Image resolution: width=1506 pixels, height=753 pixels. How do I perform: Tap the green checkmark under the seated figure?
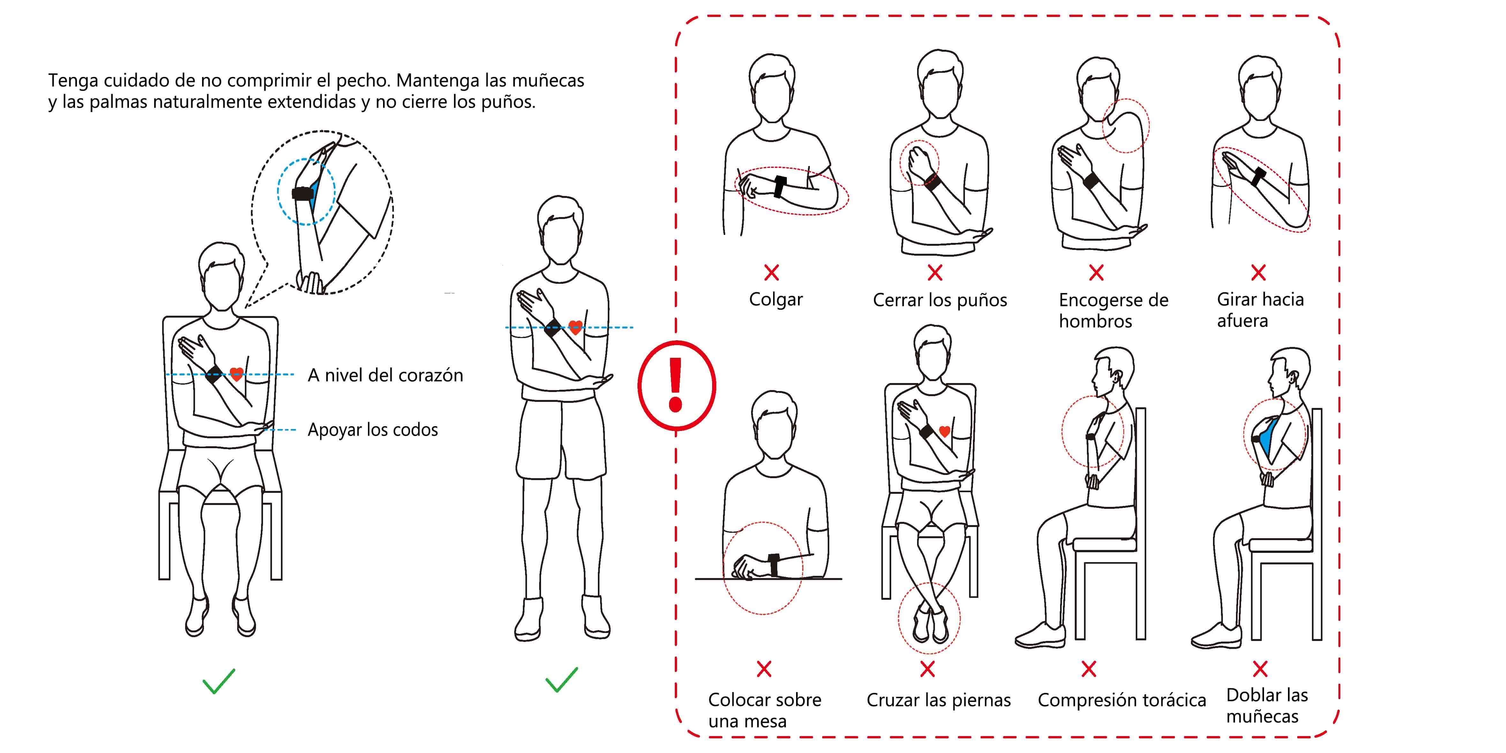(x=219, y=681)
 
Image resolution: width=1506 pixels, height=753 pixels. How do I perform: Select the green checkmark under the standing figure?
(x=561, y=680)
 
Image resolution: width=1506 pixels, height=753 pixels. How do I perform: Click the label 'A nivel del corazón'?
(x=385, y=375)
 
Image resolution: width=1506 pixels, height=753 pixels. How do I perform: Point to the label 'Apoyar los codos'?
(x=373, y=430)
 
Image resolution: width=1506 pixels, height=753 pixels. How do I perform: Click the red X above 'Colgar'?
(x=772, y=272)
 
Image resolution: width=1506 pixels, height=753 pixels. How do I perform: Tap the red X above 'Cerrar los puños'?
(x=935, y=272)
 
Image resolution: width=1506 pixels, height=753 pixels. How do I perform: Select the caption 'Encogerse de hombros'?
(x=1113, y=311)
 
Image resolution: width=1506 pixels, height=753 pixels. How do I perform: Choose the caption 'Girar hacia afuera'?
(x=1261, y=310)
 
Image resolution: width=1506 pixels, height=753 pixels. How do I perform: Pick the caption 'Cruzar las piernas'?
(x=938, y=700)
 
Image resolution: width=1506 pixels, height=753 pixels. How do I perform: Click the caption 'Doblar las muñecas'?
(x=1267, y=706)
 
